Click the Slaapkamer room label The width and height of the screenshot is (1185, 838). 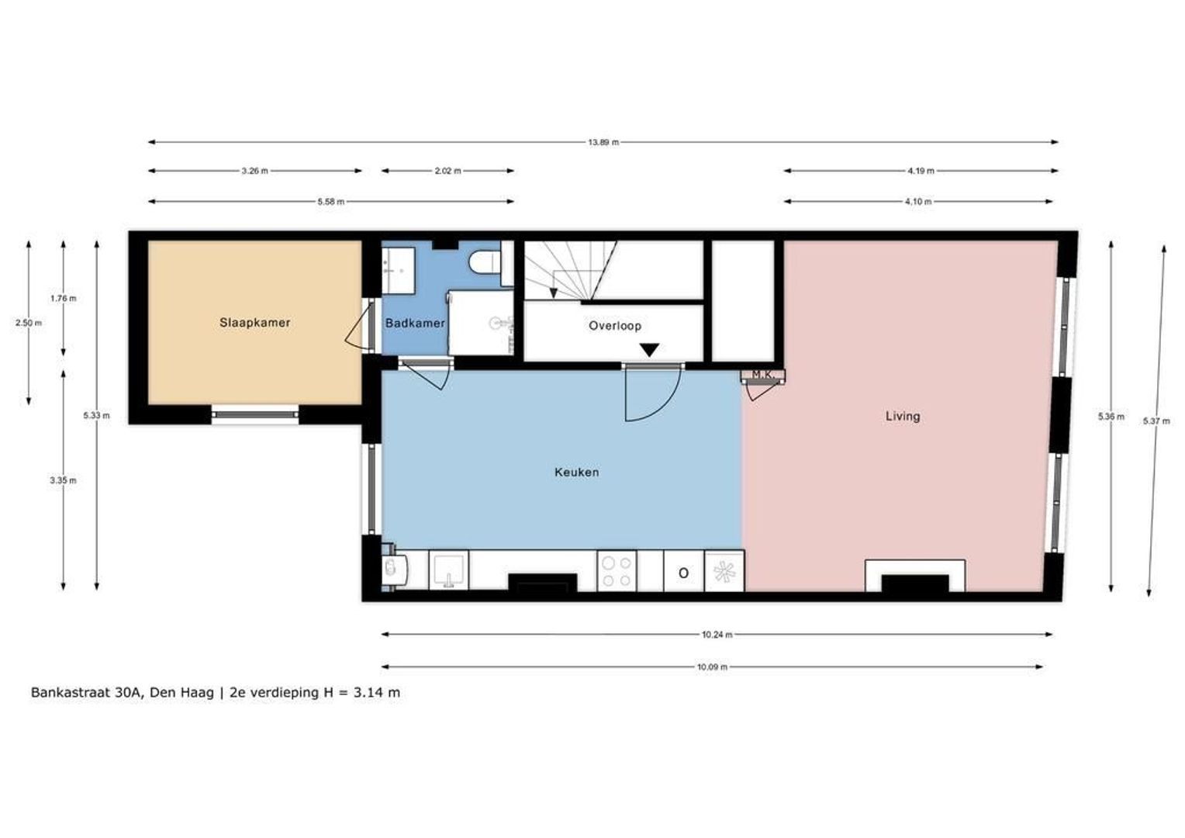254,323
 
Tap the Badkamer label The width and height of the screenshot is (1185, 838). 415,323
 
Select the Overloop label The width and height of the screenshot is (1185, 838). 614,326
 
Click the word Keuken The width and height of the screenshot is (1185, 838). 576,472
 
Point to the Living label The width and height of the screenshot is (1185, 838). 903,416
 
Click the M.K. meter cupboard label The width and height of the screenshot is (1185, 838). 763,375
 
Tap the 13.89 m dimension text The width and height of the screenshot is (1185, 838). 603,142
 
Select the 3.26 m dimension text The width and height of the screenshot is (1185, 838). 254,171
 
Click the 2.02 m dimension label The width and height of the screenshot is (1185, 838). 447,171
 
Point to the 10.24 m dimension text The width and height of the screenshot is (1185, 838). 717,635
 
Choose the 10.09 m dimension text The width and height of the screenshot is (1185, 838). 712,667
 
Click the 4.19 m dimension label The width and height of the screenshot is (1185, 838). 921,171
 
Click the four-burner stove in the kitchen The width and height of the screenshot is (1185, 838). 617,571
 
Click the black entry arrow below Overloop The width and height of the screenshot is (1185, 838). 649,350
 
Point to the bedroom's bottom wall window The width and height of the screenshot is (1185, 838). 255,414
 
